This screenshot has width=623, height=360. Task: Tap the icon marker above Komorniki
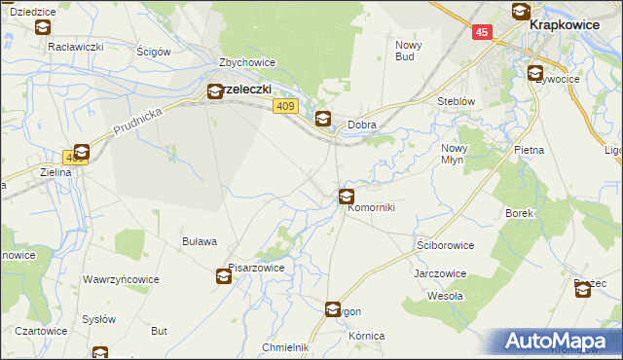346,196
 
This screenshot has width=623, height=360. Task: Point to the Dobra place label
362,125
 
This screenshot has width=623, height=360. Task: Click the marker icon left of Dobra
323,120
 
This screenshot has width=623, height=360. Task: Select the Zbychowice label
247,62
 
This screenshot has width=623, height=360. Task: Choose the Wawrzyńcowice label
120,280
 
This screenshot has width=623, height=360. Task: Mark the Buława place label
200,241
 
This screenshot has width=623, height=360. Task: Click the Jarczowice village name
439,273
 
